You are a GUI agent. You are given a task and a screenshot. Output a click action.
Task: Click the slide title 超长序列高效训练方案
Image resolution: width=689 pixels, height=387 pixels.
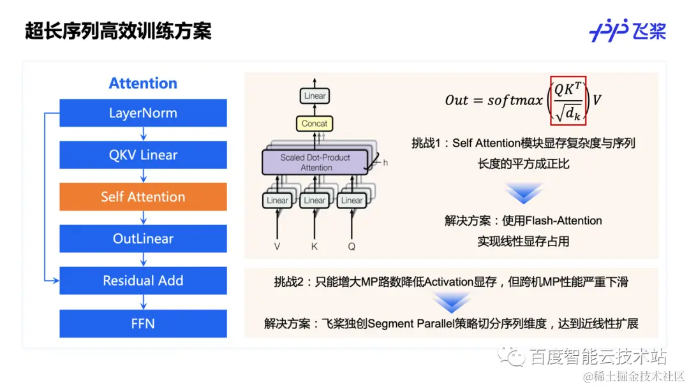pyautogui.click(x=118, y=31)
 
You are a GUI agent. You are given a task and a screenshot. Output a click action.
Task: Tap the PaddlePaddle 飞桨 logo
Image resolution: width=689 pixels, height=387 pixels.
pyautogui.click(x=627, y=31)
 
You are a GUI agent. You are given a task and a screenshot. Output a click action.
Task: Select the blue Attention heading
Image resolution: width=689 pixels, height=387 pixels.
pyautogui.click(x=143, y=84)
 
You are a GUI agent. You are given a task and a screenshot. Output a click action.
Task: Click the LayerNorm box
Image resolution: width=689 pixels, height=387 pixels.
pyautogui.click(x=143, y=113)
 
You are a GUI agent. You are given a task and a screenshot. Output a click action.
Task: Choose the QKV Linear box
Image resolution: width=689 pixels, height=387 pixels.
pyautogui.click(x=143, y=155)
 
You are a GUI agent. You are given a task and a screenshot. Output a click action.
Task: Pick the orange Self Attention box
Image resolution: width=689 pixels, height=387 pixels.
pyautogui.click(x=143, y=197)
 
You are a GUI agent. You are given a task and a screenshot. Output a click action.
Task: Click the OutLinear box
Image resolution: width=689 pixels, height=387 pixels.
pyautogui.click(x=143, y=238)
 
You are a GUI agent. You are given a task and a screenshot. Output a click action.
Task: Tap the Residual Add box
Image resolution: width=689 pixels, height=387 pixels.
pyautogui.click(x=143, y=281)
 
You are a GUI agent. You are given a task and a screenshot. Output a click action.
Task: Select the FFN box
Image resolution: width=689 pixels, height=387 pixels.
pyautogui.click(x=143, y=323)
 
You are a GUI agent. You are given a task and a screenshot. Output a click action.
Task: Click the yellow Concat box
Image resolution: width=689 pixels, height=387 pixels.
pyautogui.click(x=315, y=123)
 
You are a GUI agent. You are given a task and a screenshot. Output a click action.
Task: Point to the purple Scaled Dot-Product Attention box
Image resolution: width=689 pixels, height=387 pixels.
pyautogui.click(x=316, y=163)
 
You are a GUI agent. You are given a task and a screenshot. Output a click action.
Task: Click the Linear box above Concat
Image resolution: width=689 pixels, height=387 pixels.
pyautogui.click(x=315, y=96)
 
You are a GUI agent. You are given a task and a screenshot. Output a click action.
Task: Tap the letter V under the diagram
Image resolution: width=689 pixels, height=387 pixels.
pyautogui.click(x=277, y=245)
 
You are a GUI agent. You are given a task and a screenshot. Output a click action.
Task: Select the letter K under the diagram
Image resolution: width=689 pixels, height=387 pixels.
pyautogui.click(x=315, y=245)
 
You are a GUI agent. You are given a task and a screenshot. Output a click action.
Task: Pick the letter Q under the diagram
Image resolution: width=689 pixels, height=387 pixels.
pyautogui.click(x=352, y=245)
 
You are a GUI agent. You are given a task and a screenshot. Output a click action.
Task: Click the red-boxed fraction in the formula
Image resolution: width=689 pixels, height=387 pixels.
pyautogui.click(x=568, y=100)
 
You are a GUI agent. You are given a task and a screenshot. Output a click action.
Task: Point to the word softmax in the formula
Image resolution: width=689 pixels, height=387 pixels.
pyautogui.click(x=515, y=101)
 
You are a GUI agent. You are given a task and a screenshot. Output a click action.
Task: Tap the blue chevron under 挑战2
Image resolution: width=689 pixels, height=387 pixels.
pyautogui.click(x=451, y=301)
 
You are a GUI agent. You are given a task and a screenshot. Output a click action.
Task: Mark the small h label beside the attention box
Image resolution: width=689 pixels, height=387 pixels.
pyautogui.click(x=385, y=163)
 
